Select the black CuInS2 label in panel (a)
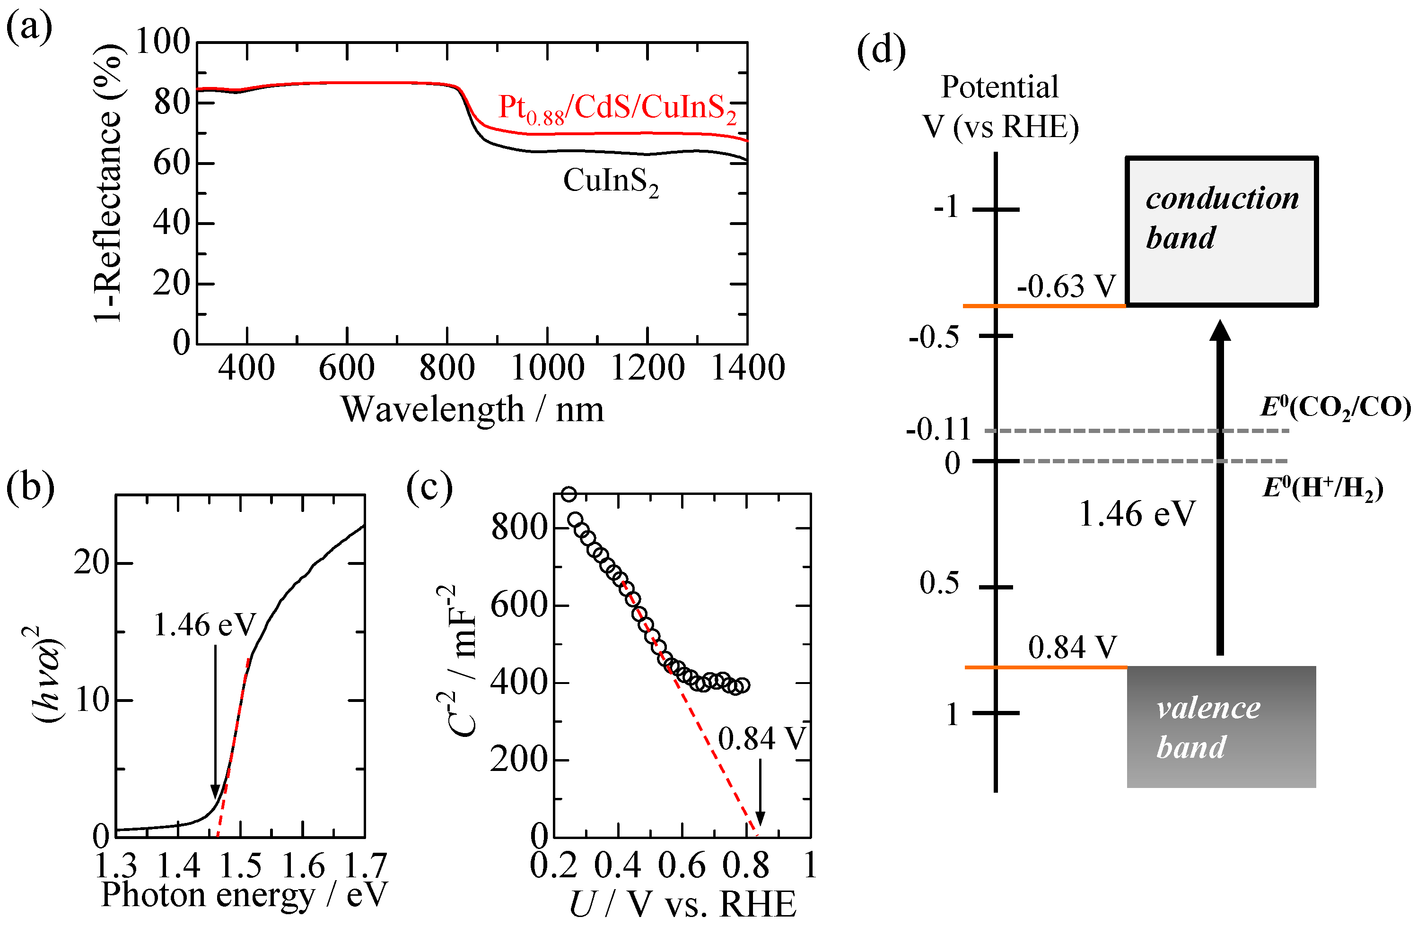[610, 182]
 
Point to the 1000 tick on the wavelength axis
[547, 368]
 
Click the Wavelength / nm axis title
[472, 410]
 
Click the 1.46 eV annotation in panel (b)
[204, 625]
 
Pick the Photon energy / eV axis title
[244, 894]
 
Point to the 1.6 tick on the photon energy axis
[303, 866]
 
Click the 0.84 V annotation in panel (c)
[761, 739]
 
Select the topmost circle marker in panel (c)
[569, 494]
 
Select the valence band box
[1221, 727]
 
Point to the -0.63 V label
[1066, 286]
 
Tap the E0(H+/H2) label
[1323, 488]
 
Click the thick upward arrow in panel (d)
[1220, 488]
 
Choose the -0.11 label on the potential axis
[938, 429]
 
